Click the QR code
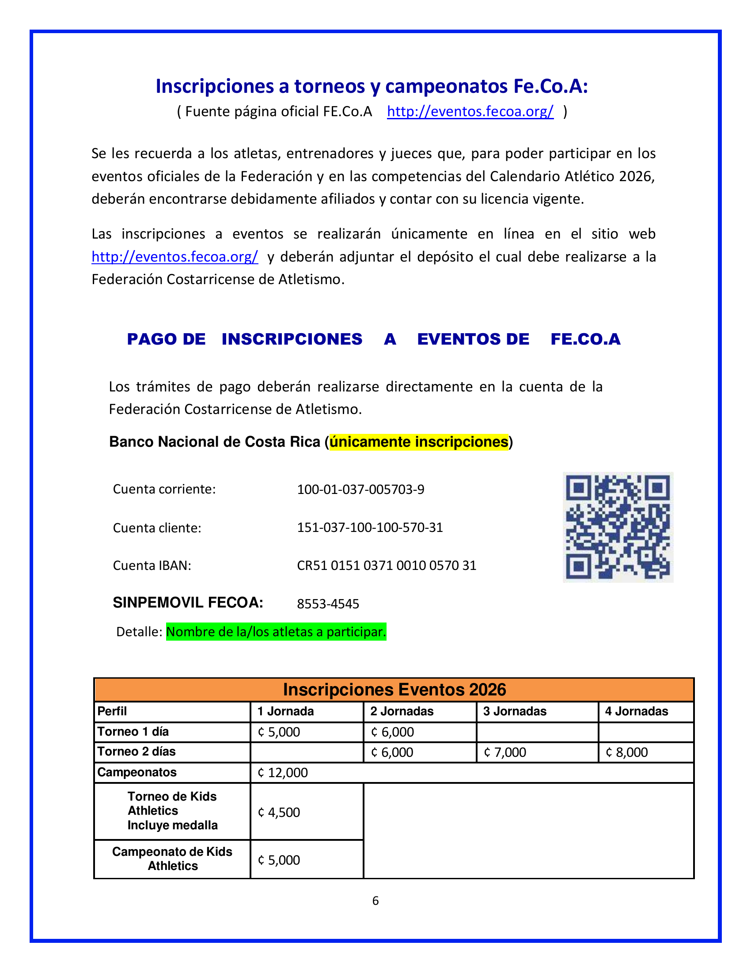618,527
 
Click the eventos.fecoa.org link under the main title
470,111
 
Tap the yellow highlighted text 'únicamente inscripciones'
419,441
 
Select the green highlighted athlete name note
276,631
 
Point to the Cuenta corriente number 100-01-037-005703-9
360,489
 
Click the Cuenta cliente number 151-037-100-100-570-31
370,528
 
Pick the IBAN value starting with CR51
386,565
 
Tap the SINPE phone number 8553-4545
328,604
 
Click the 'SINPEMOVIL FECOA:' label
188,603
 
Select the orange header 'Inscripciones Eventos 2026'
394,690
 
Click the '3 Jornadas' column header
514,711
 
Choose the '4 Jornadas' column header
636,711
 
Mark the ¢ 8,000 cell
626,752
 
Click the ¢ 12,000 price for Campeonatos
283,773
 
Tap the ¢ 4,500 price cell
279,812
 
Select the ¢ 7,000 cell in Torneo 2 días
504,752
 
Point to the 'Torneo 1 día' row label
133,732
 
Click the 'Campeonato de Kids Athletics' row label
172,858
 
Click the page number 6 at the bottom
375,901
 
